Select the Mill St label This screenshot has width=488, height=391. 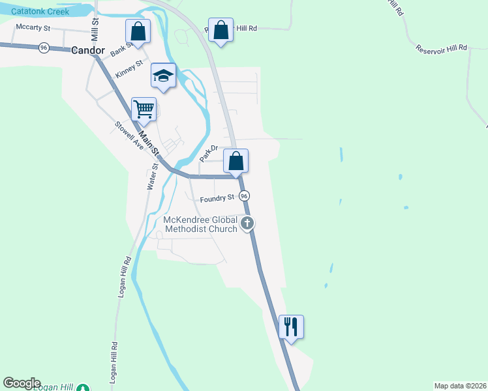coord(95,27)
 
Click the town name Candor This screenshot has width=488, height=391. coord(87,50)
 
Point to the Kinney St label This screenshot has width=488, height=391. coord(129,68)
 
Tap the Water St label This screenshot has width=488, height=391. coord(152,176)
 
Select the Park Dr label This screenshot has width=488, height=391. coord(208,154)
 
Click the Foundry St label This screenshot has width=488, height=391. coord(217,197)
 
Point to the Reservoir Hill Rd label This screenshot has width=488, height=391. coord(442,47)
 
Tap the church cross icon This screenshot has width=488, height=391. coord(247,224)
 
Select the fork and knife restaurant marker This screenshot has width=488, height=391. coord(292,326)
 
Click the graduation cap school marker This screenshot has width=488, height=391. coord(163,76)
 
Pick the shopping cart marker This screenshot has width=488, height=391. coord(144,109)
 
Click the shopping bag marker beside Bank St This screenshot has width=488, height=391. coord(138,31)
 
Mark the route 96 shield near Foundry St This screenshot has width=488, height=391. coord(244,195)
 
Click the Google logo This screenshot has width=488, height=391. coord(22,383)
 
